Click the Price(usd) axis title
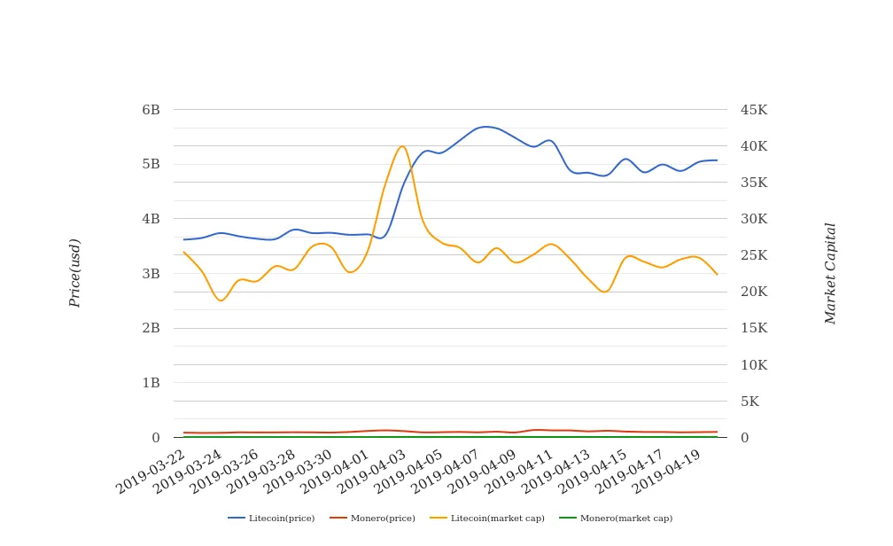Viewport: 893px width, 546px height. click(75, 273)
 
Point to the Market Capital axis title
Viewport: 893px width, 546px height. click(830, 273)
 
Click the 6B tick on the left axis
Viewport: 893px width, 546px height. click(151, 110)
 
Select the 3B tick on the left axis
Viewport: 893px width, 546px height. click(151, 274)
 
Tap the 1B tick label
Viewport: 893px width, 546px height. click(151, 383)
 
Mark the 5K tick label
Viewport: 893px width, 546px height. click(749, 402)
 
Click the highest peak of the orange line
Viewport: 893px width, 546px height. click(402, 146)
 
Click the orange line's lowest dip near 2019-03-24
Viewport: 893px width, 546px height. click(221, 300)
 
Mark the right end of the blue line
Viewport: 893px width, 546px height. click(717, 160)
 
